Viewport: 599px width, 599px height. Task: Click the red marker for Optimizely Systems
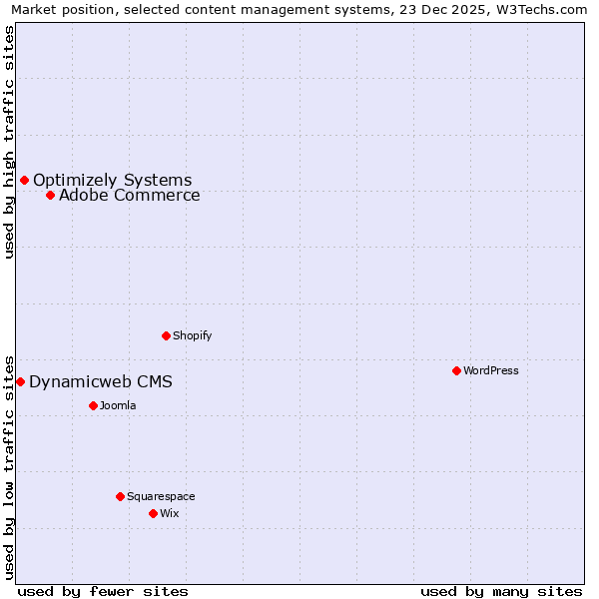[x=25, y=180]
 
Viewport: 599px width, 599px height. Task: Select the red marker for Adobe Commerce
[x=50, y=195]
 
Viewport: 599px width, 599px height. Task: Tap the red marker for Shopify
[x=166, y=335]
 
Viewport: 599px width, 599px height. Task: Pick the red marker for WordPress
[x=456, y=370]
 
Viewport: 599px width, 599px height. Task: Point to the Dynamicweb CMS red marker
[x=20, y=381]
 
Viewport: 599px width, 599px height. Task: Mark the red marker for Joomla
[x=93, y=405]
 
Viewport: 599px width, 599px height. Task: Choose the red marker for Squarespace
[x=120, y=496]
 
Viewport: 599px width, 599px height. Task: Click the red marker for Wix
[x=153, y=513]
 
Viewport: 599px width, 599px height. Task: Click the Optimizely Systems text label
[x=112, y=180]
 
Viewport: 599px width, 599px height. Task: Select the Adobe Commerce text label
[x=129, y=195]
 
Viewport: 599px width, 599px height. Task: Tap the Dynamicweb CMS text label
[x=100, y=381]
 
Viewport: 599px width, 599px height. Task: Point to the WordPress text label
[x=491, y=370]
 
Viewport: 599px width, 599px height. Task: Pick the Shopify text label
[x=192, y=335]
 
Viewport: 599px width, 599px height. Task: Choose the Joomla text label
[x=118, y=405]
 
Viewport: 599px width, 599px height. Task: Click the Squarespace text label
[x=161, y=496]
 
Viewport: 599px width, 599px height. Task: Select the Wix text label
[x=170, y=513]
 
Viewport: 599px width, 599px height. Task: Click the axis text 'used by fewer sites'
[x=103, y=591]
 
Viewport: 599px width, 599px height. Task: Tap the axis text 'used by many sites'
[x=501, y=591]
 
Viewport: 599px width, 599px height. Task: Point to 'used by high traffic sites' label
[x=10, y=142]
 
